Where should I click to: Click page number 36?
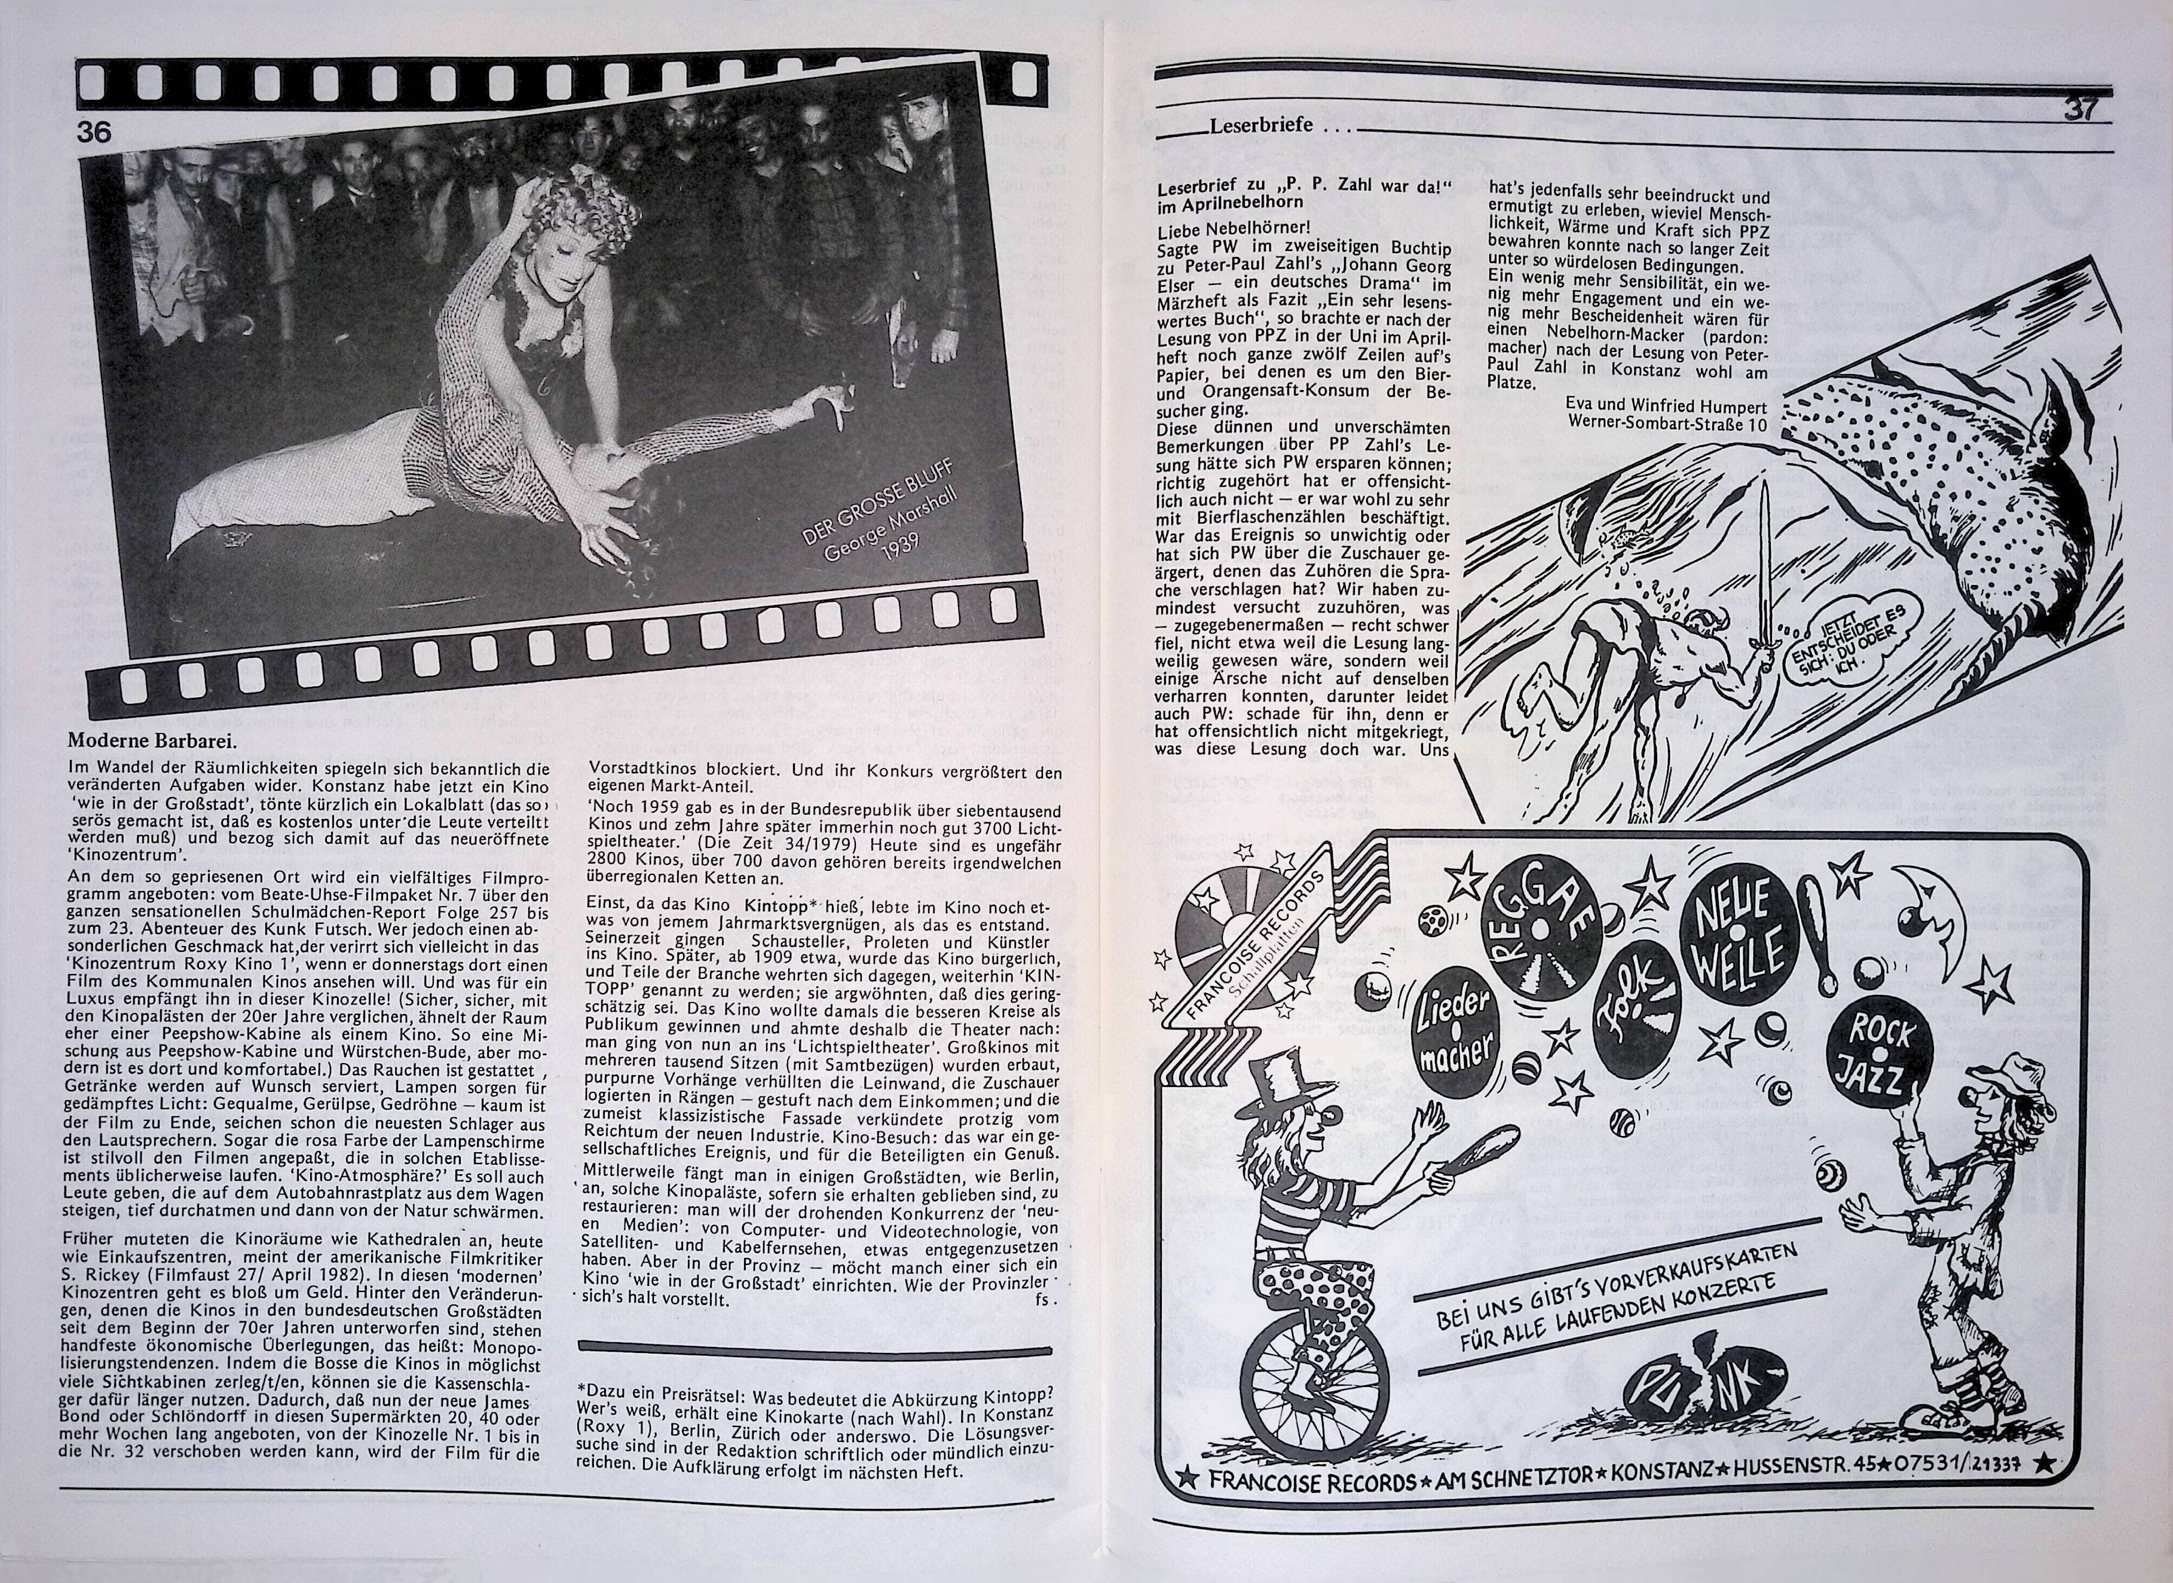(97, 133)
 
